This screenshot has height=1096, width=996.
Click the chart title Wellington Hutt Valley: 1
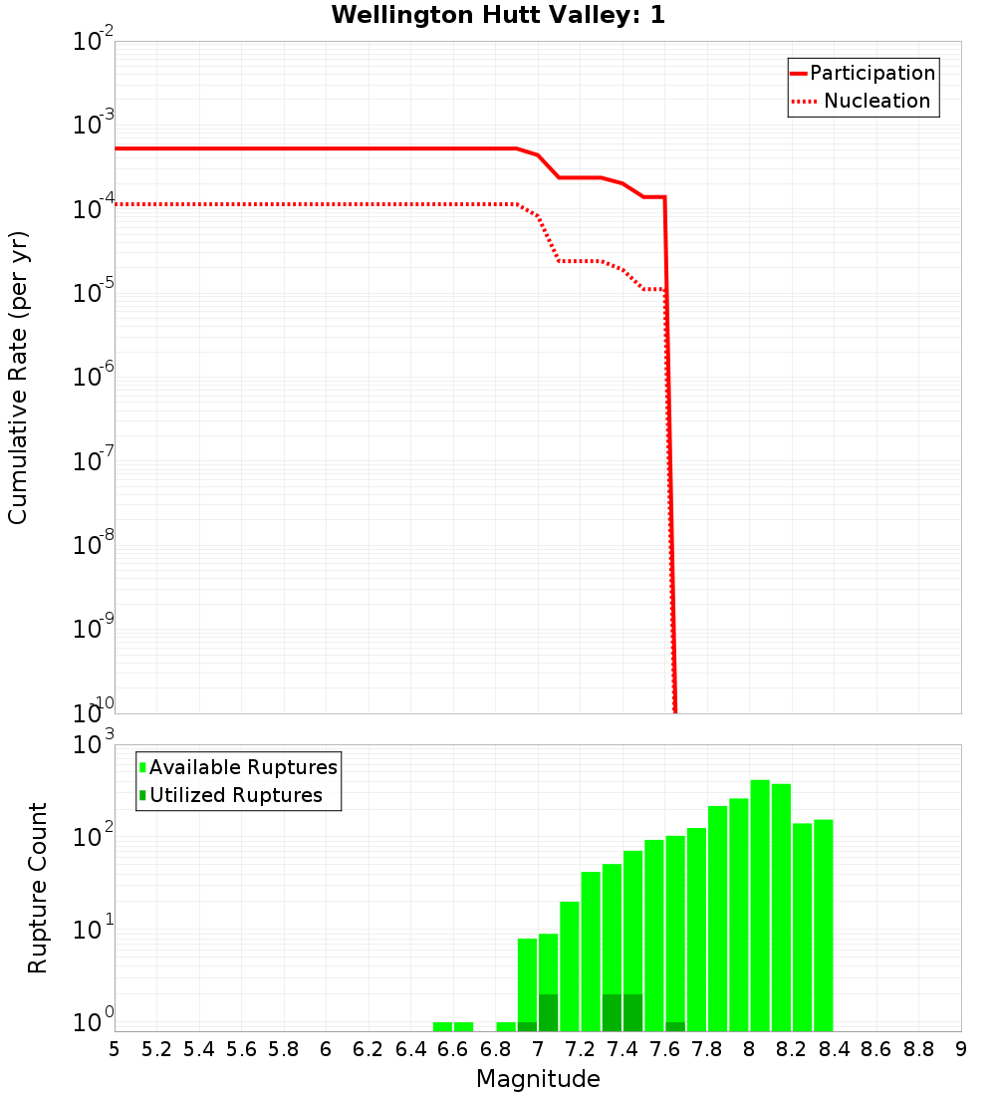tap(498, 15)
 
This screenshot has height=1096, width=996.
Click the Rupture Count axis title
tap(38, 888)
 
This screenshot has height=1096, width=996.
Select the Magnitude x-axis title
tap(538, 1078)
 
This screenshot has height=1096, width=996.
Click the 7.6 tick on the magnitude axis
tap(664, 1049)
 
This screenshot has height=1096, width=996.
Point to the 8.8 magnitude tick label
tap(918, 1049)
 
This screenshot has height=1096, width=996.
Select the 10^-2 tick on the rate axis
tap(95, 42)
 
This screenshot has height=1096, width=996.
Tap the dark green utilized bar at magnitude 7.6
tap(675, 1026)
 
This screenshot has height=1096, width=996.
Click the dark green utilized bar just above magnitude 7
tap(548, 1012)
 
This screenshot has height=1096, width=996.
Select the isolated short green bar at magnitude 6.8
tap(506, 1026)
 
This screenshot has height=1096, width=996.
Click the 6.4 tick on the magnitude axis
tap(410, 1049)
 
